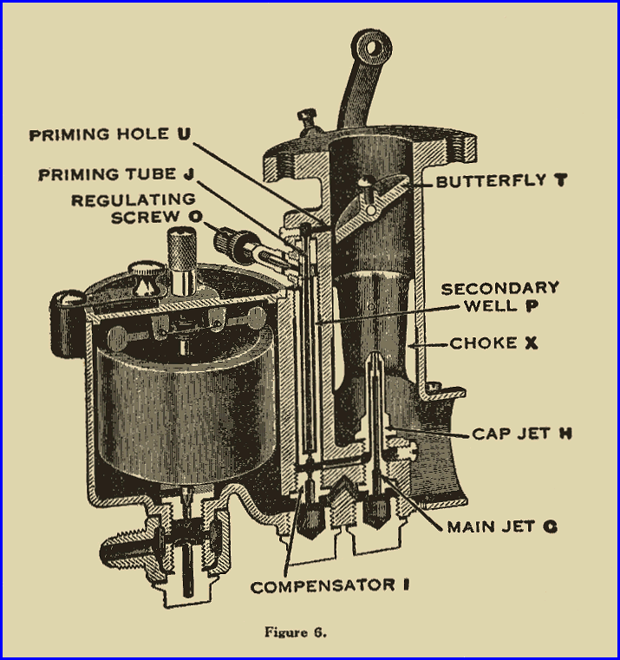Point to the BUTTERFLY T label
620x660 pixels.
click(491, 181)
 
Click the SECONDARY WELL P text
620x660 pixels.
click(499, 297)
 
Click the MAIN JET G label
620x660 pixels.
click(502, 526)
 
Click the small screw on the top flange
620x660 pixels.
click(304, 117)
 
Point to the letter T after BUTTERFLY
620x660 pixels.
click(541, 181)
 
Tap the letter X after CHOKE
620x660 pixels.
click(531, 343)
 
